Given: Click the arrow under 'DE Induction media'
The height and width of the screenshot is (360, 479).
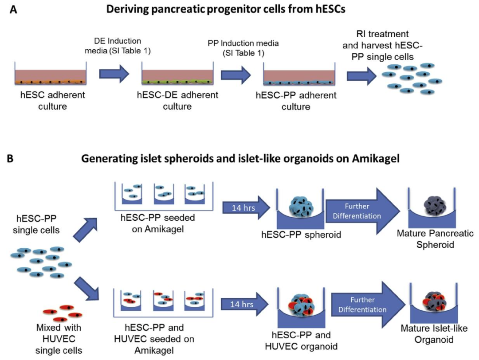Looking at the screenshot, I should click(x=114, y=73).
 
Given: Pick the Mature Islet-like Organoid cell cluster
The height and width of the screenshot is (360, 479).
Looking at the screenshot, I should click(x=429, y=302).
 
